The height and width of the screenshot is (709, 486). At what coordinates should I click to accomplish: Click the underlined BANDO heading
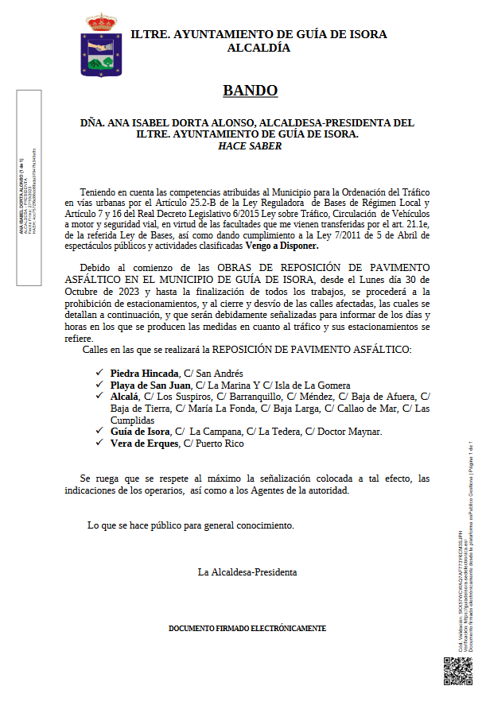click(x=250, y=91)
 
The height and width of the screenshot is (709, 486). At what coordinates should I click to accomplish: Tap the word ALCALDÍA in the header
click(x=259, y=48)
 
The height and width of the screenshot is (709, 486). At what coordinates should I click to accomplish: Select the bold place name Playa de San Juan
click(x=151, y=385)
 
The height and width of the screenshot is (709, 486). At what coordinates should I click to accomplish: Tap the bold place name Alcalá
click(x=125, y=396)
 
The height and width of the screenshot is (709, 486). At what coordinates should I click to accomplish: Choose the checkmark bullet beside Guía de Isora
click(x=99, y=432)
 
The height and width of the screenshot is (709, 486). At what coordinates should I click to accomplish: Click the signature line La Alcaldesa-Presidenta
click(x=247, y=571)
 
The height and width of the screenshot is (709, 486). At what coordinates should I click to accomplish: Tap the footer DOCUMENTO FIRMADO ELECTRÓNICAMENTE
click(x=247, y=628)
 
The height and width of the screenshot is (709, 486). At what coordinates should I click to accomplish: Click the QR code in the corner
click(x=458, y=670)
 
